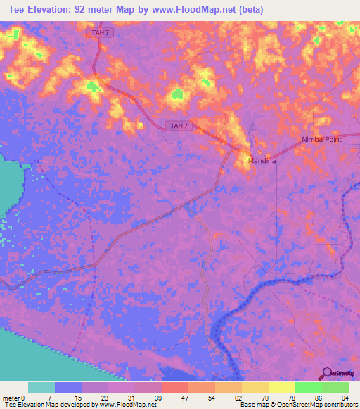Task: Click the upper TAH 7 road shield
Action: point(101,33)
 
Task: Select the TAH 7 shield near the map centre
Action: point(179,126)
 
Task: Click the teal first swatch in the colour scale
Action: point(41,387)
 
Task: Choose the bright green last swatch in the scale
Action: point(335,387)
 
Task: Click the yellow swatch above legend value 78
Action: point(282,387)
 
